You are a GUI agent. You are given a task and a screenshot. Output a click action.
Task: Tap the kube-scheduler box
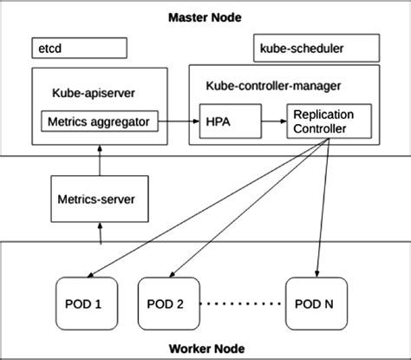click(315, 47)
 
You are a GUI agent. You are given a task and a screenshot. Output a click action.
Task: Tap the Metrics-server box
click(96, 199)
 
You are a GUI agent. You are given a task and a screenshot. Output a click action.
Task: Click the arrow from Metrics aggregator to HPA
click(178, 121)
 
